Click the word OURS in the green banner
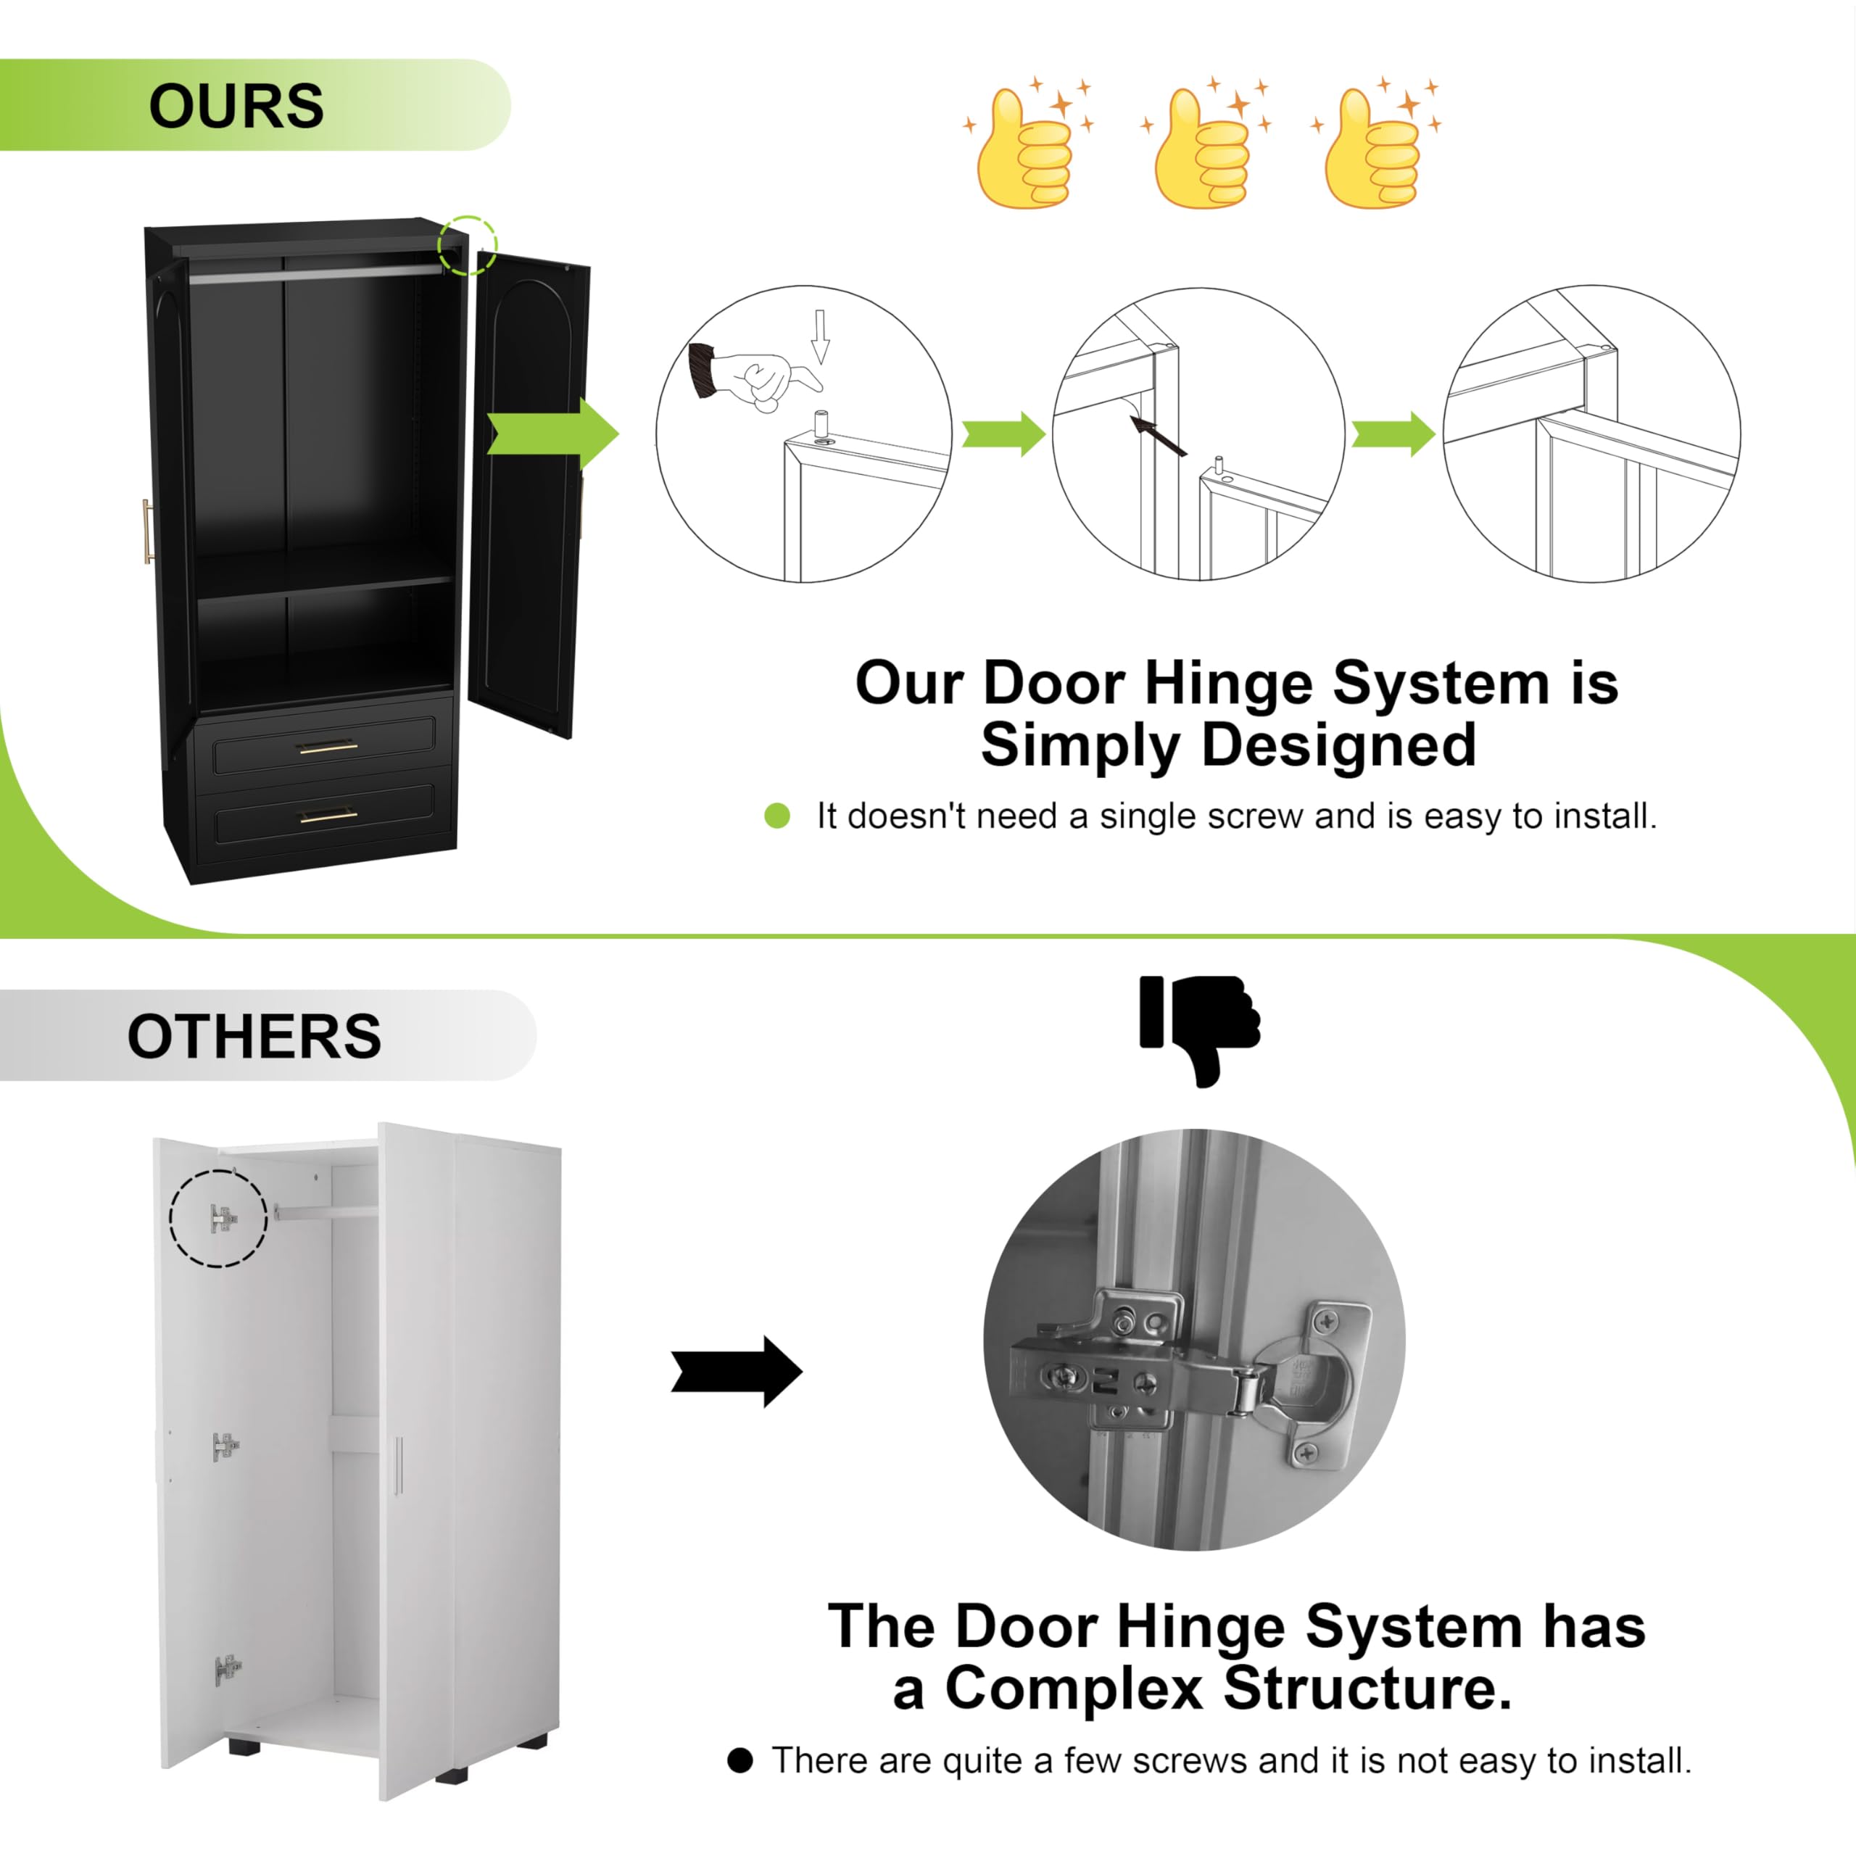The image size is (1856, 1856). coord(236,106)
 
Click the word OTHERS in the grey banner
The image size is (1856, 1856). coord(254,1037)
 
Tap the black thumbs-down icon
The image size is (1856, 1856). coord(1199,1031)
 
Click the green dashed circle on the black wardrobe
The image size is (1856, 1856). coord(468,246)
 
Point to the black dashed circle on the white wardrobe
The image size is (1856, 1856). coord(218,1218)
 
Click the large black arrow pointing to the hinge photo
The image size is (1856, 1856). coord(737,1371)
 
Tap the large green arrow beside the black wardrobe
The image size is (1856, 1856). coord(552,434)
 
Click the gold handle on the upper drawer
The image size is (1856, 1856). coord(328,747)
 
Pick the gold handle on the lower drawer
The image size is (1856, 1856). coord(328,818)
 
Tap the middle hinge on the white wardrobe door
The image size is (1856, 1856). coord(225,1445)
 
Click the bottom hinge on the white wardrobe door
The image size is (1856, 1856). coord(228,1670)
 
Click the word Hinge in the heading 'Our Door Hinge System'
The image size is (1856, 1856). coord(1230,683)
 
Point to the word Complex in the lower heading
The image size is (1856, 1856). coord(1074,1688)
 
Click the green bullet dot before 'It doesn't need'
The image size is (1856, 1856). coord(777,816)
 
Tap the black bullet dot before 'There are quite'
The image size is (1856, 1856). coord(739,1760)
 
